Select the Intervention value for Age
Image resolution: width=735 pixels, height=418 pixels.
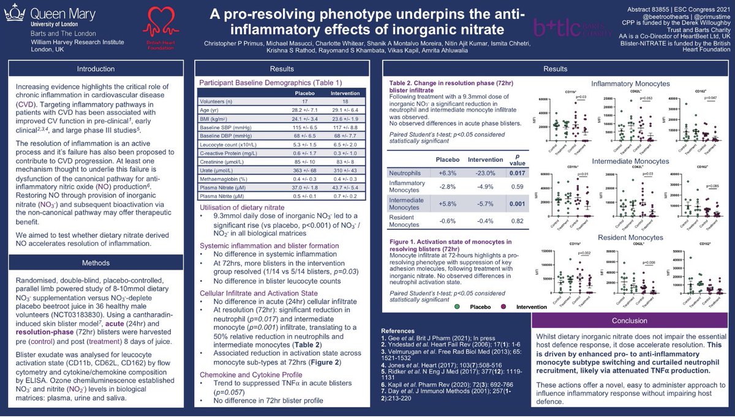[x=343, y=109]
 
